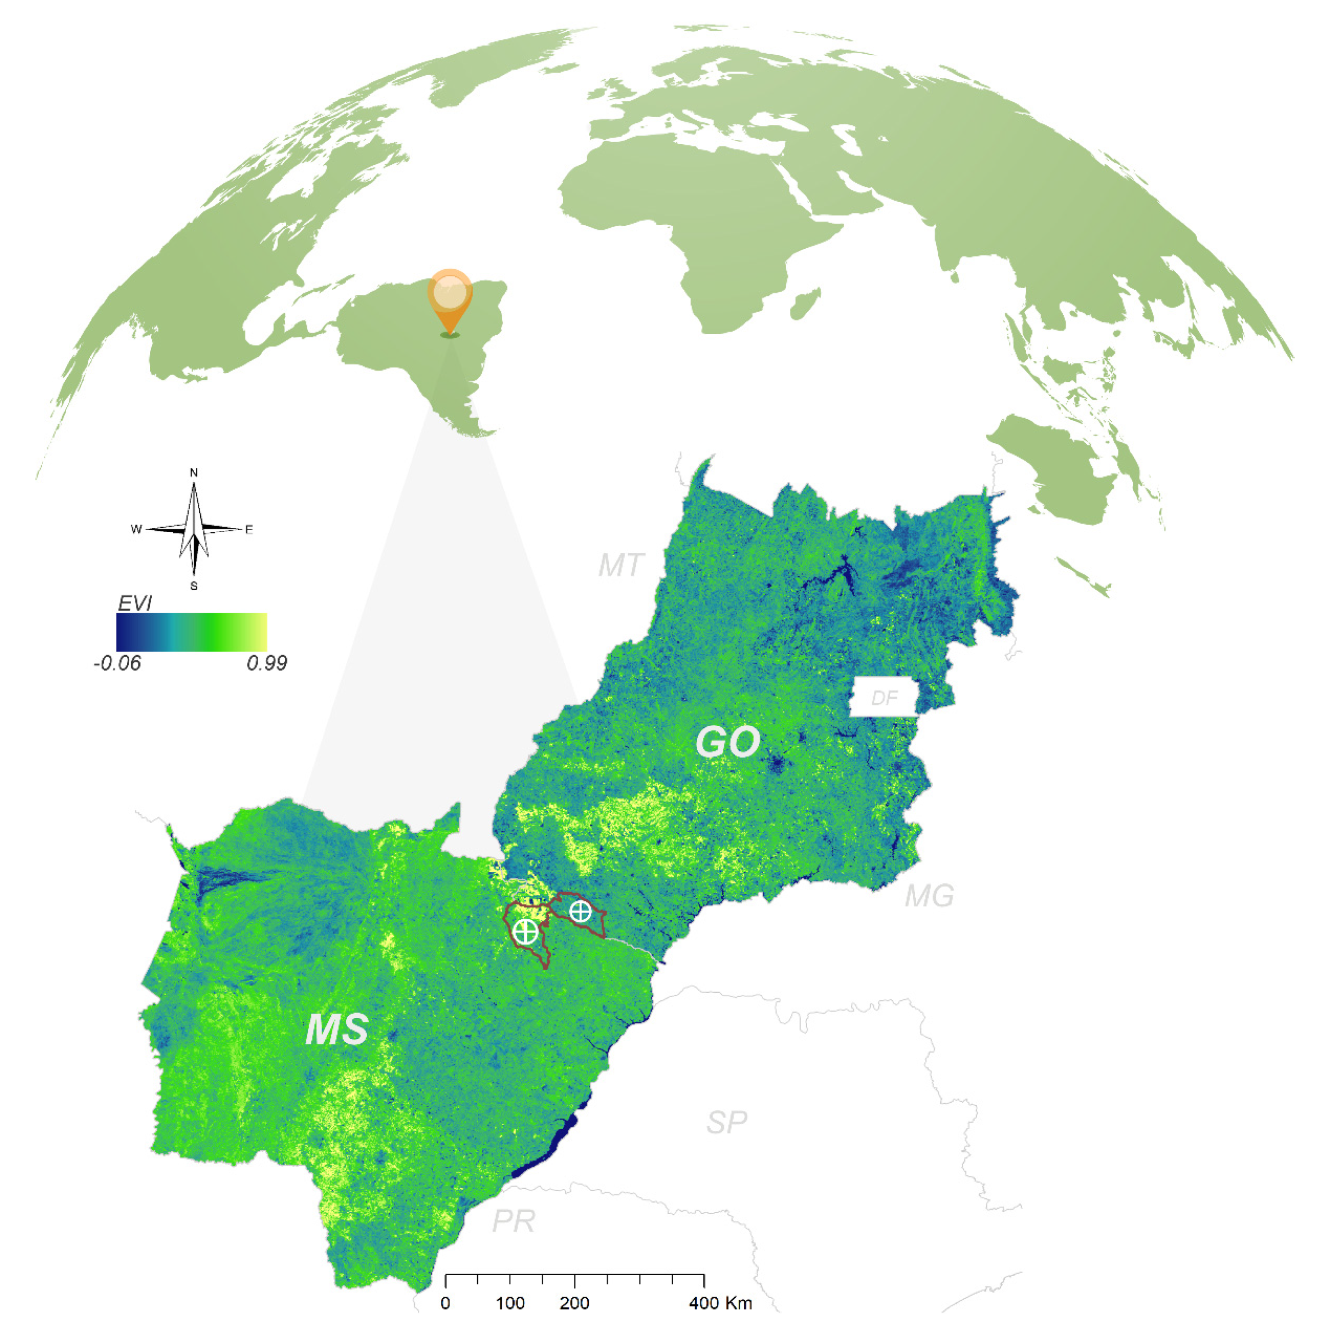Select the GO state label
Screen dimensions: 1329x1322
pyautogui.click(x=727, y=742)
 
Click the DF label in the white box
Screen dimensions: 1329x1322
pyautogui.click(x=884, y=698)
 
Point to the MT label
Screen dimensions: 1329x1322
pyautogui.click(x=620, y=565)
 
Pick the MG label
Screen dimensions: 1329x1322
pyautogui.click(x=929, y=896)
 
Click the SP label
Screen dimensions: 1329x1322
pyautogui.click(x=727, y=1122)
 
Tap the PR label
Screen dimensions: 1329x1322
pyautogui.click(x=513, y=1221)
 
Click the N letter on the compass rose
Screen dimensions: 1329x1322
pyautogui.click(x=194, y=473)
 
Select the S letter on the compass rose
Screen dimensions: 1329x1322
pyautogui.click(x=194, y=586)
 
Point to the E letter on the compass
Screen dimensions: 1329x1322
pyautogui.click(x=249, y=530)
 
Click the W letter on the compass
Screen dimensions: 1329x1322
pyautogui.click(x=136, y=529)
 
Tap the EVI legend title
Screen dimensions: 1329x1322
pyautogui.click(x=135, y=603)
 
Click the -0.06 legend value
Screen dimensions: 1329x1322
pyautogui.click(x=118, y=663)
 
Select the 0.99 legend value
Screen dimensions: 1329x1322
pyautogui.click(x=267, y=663)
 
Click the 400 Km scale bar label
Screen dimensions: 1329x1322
pyautogui.click(x=720, y=1303)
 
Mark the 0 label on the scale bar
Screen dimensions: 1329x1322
pyautogui.click(x=446, y=1303)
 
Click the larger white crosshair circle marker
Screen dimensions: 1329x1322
pyautogui.click(x=525, y=931)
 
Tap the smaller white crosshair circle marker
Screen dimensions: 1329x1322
pyautogui.click(x=581, y=912)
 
